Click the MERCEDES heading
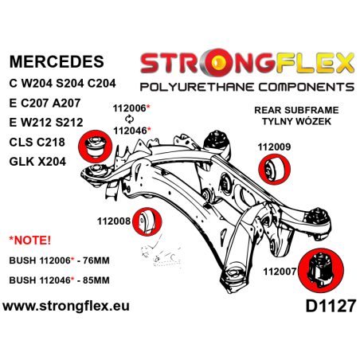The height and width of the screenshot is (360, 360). [x=57, y=61]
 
